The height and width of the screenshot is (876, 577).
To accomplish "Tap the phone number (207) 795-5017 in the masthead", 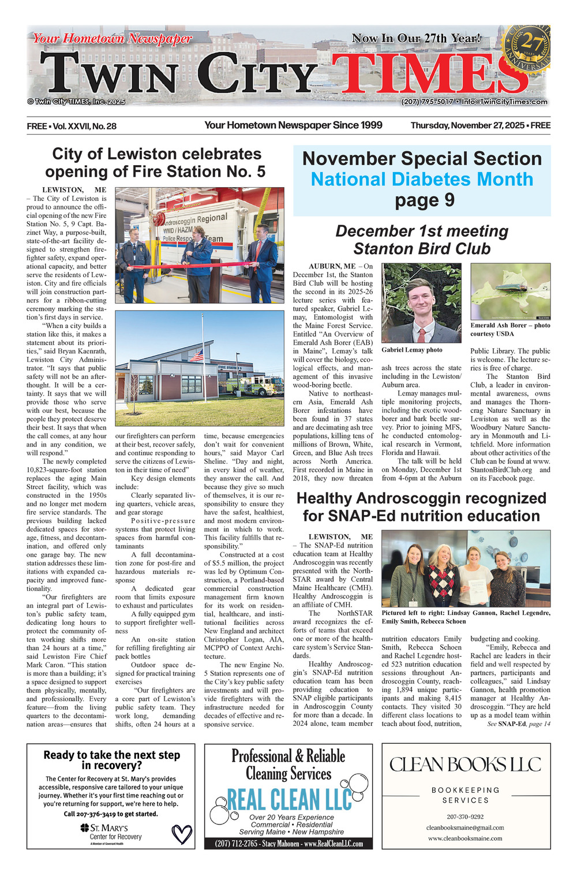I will [427, 102].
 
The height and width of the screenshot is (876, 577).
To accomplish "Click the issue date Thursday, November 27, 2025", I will [467, 125].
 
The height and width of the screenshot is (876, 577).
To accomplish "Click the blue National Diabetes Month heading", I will [422, 179].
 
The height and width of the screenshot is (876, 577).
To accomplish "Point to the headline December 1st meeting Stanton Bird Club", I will [422, 240].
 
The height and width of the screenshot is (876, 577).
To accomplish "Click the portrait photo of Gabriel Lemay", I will [421, 303].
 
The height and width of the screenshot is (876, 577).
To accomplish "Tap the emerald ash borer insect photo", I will [510, 291].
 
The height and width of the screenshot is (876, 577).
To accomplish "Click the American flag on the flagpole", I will [197, 356].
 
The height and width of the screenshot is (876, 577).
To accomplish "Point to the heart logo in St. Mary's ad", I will [182, 834].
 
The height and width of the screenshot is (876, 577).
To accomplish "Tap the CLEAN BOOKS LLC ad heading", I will [466, 765].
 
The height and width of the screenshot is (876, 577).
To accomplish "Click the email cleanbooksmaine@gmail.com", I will [465, 827].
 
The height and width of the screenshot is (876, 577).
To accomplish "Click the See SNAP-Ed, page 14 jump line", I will [519, 724].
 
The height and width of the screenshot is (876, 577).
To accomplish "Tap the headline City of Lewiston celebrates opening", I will [156, 163].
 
